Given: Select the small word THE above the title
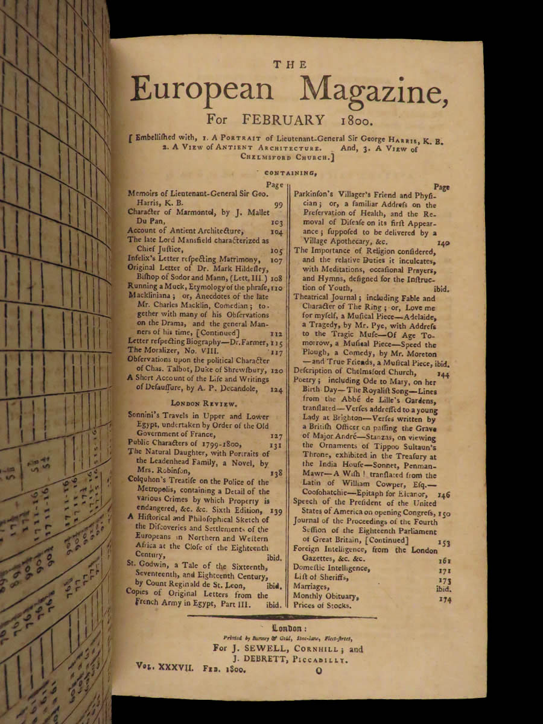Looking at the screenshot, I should (x=290, y=65).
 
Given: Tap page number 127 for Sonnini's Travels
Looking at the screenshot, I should (x=276, y=435).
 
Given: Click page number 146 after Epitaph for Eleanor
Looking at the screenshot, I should (x=443, y=494).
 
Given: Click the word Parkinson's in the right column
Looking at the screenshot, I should (x=319, y=195).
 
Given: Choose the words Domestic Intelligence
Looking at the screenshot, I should (x=331, y=568).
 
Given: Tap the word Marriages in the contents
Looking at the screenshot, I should (x=311, y=586).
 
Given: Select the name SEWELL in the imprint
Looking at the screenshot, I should (x=275, y=649).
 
